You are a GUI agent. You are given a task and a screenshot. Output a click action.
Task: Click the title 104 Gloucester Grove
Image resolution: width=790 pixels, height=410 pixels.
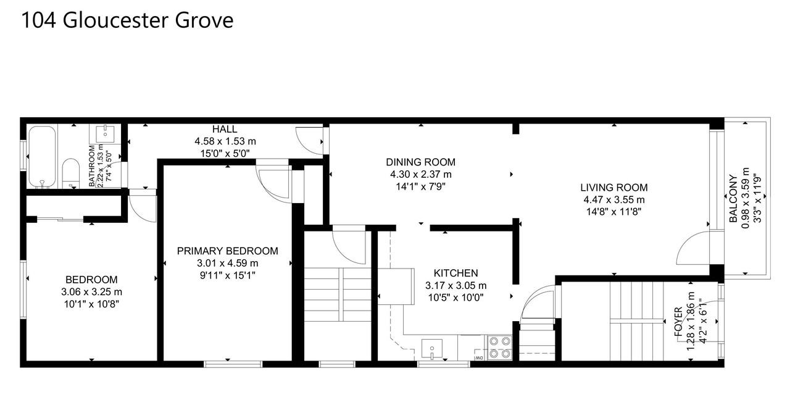tap(127, 20)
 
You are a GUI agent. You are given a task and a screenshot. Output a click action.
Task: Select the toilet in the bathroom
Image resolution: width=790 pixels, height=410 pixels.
tap(72, 172)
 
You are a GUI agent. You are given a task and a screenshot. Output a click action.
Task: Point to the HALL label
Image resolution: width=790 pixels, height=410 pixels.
tap(225, 129)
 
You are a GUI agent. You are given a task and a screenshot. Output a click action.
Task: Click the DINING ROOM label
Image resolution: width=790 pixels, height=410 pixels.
tap(420, 162)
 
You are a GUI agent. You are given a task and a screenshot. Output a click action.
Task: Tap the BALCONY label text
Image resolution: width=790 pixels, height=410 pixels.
tap(733, 199)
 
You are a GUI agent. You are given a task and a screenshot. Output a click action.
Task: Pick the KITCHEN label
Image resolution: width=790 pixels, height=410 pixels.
tap(455, 273)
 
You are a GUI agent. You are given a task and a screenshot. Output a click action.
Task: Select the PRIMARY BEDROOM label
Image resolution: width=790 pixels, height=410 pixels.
tap(227, 251)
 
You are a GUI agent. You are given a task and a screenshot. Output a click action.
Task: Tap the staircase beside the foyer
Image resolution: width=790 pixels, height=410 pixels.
tap(635, 321)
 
